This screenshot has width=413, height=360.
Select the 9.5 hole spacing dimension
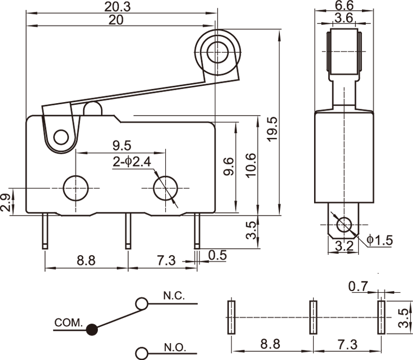tap(123, 145)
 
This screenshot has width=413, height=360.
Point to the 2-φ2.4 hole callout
tap(131, 161)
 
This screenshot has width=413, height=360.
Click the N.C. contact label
tap(174, 296)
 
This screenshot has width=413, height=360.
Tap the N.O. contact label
tap(174, 347)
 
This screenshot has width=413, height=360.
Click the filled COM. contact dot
tap(92, 329)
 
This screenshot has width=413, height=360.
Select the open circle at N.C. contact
tap(141, 303)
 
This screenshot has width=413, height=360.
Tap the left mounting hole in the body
tap(76, 188)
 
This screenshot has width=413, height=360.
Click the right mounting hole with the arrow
tap(165, 188)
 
